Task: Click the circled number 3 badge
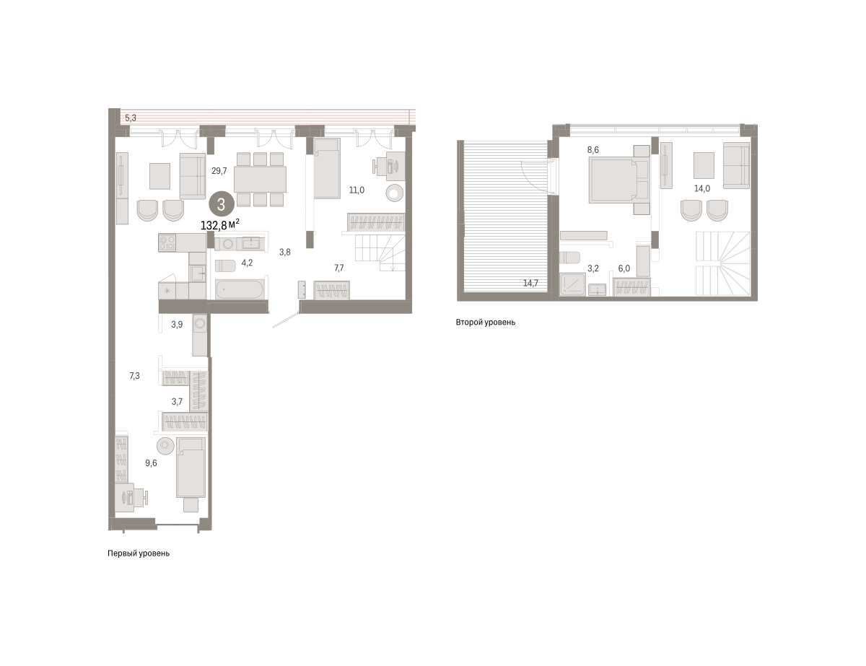point(221,205)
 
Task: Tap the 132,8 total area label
point(219,225)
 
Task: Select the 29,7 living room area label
point(219,171)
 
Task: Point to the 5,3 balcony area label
point(131,118)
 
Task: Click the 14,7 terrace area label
point(530,283)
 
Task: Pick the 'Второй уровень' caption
point(486,323)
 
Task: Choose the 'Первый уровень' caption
point(139,553)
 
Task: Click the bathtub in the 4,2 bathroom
point(239,289)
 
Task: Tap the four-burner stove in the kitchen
point(167,242)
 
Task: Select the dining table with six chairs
point(260,180)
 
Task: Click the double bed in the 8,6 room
point(618,180)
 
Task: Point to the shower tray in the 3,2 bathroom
point(573,284)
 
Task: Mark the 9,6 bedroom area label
point(151,463)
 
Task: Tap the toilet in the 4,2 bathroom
point(226,266)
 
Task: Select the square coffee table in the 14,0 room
point(704,165)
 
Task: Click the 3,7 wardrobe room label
point(177,401)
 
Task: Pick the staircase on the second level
point(723,263)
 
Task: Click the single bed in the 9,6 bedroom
point(191,468)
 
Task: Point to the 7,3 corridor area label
point(134,376)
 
